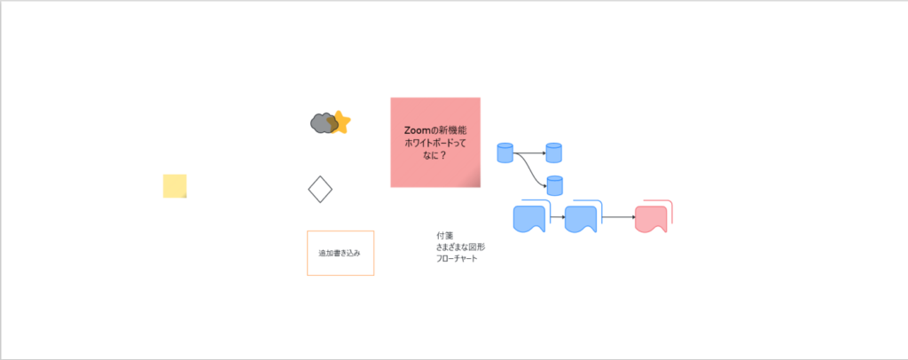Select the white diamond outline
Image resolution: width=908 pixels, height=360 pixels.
(x=319, y=189)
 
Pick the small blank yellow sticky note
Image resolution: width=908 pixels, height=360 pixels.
(x=175, y=186)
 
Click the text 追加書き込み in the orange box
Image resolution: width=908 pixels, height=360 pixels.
(x=340, y=253)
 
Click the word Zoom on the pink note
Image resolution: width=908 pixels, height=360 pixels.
(x=419, y=129)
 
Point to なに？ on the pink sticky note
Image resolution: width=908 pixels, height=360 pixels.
(x=435, y=155)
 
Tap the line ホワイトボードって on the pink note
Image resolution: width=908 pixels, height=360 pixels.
(x=435, y=142)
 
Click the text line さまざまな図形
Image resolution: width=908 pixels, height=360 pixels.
(x=460, y=247)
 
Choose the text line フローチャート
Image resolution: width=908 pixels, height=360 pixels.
(x=458, y=258)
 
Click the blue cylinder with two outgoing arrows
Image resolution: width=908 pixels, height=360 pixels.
(x=505, y=153)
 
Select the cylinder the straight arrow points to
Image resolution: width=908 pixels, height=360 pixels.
(x=554, y=153)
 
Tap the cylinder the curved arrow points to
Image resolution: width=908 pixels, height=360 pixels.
(x=554, y=185)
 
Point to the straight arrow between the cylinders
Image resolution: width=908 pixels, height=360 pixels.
(x=530, y=153)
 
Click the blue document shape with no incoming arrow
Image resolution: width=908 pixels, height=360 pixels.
(x=530, y=219)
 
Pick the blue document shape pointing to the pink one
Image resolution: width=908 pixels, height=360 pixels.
(x=582, y=219)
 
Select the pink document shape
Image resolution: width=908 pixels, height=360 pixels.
(x=651, y=218)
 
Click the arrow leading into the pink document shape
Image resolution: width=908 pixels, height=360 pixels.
(x=618, y=217)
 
